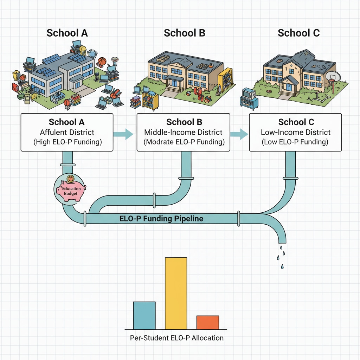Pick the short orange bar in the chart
coord(207,322)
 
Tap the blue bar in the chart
coord(144,315)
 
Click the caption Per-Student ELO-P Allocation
coord(176,338)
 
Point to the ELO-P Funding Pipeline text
coord(161,218)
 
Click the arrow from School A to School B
coord(124,133)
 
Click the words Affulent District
coord(67,133)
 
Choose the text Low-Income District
coord(295,132)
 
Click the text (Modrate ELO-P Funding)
coord(184,142)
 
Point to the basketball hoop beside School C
coord(332,77)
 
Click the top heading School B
coord(184,33)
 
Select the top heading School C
coord(298,33)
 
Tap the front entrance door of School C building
coord(288,88)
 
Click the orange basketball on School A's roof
coord(102,61)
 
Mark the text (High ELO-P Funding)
coord(67,142)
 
